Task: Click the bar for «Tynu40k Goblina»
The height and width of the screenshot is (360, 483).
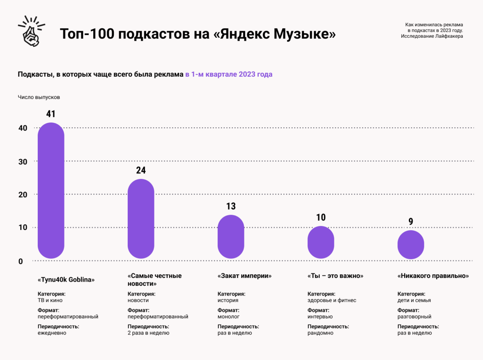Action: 51,190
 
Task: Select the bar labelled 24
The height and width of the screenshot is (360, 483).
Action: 141,219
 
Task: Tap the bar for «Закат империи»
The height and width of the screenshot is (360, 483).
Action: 231,237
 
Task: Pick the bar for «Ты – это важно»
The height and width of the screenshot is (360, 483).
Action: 321,242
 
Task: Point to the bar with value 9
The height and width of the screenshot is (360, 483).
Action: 411,245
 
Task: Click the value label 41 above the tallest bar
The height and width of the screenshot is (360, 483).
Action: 51,114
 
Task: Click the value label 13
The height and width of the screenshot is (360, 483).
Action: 231,206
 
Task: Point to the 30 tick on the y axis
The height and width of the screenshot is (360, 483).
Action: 23,161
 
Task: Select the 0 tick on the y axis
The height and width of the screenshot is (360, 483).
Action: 21,261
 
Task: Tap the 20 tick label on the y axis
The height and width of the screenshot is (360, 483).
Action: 23,195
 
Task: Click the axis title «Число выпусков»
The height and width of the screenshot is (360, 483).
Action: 39,97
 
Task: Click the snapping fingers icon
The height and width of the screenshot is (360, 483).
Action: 31,31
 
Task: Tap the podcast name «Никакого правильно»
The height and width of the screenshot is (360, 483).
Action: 433,276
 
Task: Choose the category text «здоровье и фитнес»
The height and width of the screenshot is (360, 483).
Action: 332,300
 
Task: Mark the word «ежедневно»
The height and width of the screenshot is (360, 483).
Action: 52,333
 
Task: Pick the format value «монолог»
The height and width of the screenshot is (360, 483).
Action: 228,316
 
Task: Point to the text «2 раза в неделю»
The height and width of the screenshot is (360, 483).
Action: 148,333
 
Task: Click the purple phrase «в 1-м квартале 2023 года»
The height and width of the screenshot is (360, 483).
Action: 229,74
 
